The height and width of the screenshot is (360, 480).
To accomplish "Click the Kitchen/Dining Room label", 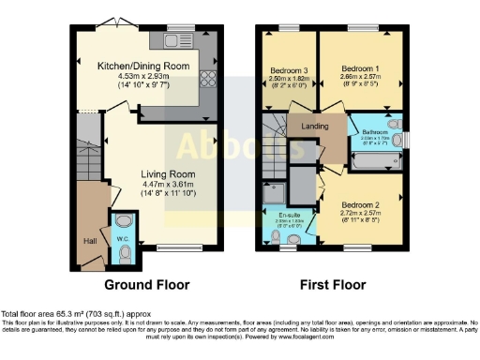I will (144, 67).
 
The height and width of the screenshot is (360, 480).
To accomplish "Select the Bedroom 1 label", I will (360, 69).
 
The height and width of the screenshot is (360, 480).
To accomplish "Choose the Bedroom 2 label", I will (359, 205).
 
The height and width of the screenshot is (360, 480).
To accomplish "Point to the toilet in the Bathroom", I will (395, 123).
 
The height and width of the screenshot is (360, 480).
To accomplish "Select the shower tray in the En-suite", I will (278, 195).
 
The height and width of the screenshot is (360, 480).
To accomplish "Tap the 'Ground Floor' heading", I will (147, 285).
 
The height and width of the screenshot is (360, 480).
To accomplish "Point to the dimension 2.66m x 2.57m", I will (360, 79).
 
